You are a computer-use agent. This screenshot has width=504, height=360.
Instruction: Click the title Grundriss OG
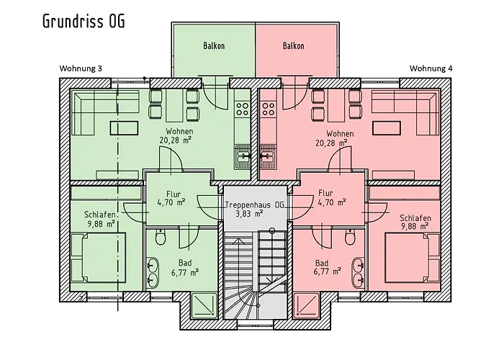pyautogui.click(x=84, y=21)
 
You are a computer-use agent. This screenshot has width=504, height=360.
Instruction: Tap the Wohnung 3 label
pyautogui.click(x=81, y=68)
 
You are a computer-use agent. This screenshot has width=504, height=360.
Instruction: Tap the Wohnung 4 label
pyautogui.click(x=431, y=68)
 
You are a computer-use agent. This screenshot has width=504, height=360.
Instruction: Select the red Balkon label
pyautogui.click(x=293, y=46)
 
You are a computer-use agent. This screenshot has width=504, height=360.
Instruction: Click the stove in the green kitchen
pyautogui.click(x=243, y=109)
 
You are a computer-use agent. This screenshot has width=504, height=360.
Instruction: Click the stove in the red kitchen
pyautogui.click(x=269, y=109)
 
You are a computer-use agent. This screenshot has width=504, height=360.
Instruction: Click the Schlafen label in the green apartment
pyautogui.click(x=99, y=214)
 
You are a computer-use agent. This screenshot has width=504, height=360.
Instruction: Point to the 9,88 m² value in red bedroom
pyautogui.click(x=414, y=227)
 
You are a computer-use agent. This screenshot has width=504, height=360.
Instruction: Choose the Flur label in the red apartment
pyautogui.click(x=325, y=193)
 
